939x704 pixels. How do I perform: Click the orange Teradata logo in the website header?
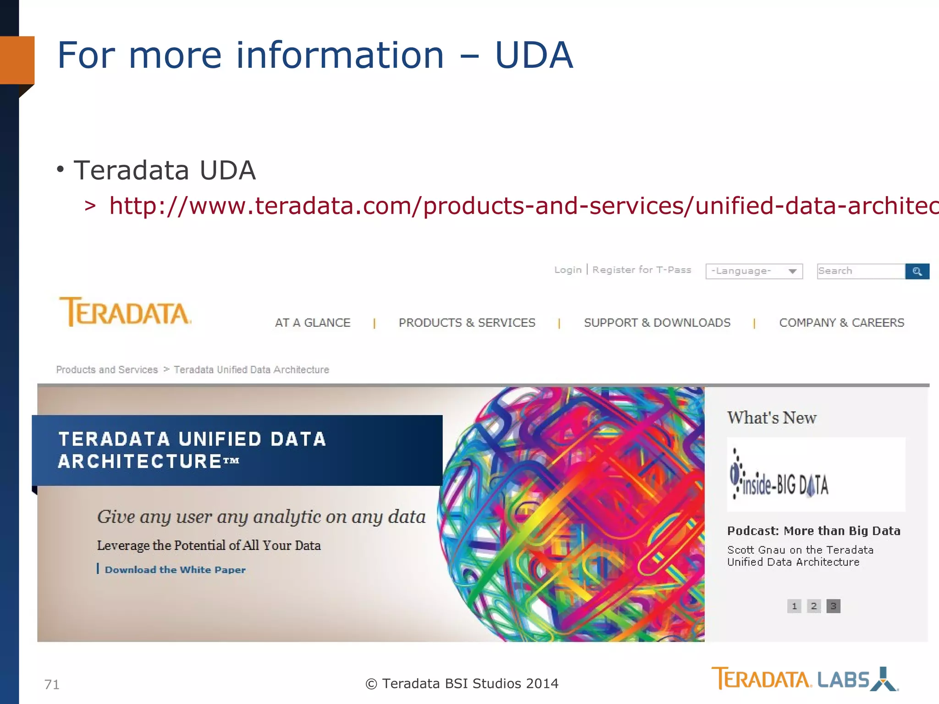125,312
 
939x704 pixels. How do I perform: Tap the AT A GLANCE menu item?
312,323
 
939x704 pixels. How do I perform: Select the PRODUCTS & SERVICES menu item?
467,323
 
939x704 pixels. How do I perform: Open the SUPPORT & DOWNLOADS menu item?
657,323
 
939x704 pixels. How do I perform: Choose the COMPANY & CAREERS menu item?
841,323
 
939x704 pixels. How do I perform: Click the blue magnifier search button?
917,271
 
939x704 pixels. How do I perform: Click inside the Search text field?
860,271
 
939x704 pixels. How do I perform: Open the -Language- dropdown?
754,271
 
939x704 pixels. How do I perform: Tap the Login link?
568,270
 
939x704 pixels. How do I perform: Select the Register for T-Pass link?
641,270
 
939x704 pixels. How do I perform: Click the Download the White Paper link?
175,570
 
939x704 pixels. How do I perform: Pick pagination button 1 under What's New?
794,606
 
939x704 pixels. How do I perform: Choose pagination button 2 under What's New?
814,606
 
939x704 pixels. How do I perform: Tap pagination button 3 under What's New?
833,606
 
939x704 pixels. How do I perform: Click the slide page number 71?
52,684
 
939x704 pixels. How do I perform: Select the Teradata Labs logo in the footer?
804,679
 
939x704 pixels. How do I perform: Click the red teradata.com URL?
523,205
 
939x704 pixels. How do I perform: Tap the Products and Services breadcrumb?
107,369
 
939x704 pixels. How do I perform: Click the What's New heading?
772,418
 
